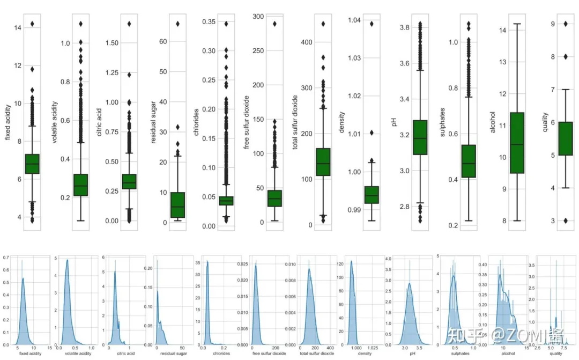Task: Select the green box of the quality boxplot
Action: (x=565, y=138)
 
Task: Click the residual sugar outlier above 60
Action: (x=177, y=24)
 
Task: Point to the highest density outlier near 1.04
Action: (x=371, y=24)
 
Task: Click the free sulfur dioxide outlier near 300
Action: (x=274, y=24)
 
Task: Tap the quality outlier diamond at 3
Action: (x=565, y=221)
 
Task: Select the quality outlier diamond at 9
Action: (x=565, y=24)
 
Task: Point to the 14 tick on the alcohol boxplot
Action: (x=502, y=30)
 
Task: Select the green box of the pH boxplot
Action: (x=420, y=137)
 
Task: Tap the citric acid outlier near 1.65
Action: (x=129, y=24)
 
